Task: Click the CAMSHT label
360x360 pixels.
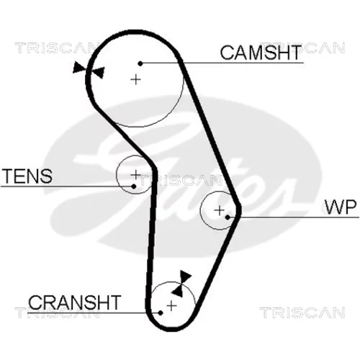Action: [x=261, y=53]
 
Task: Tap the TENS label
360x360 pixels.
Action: [x=27, y=176]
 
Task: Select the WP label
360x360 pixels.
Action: [x=341, y=207]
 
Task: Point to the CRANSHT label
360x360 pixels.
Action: [x=75, y=302]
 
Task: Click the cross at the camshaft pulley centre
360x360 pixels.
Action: [x=135, y=79]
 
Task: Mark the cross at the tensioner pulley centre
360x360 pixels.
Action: [x=135, y=174]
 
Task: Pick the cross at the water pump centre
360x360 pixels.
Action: [x=219, y=210]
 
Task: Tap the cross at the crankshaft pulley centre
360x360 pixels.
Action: [x=171, y=306]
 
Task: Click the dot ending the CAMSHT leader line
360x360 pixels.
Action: [x=140, y=63]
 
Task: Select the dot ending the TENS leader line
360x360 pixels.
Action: [x=134, y=186]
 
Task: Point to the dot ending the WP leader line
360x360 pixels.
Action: [x=228, y=217]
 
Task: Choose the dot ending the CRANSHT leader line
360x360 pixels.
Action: [x=161, y=313]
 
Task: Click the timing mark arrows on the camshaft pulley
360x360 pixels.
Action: [x=89, y=70]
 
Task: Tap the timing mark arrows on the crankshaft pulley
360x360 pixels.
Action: [x=181, y=284]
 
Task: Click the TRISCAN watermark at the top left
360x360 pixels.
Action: [x=55, y=48]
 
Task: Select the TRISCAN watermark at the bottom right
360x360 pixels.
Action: [x=302, y=312]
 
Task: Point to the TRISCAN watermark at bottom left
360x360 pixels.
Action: [x=58, y=312]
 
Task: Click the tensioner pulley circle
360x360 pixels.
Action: [x=117, y=174]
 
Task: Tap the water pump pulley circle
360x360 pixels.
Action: [x=200, y=210]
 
